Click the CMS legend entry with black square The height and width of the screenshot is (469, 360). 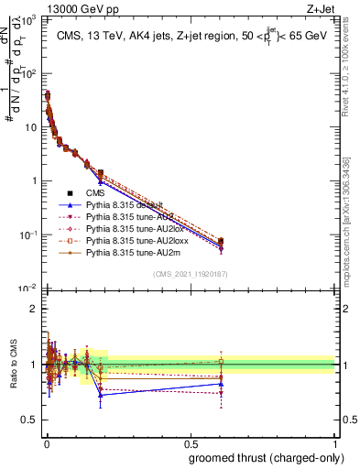[95, 192]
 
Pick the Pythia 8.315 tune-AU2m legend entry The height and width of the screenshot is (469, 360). [133, 262]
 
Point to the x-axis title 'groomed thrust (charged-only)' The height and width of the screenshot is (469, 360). [262, 458]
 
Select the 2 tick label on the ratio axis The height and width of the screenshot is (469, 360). [34, 309]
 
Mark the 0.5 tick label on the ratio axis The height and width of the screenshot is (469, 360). [30, 420]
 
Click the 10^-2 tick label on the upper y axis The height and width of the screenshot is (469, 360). [29, 289]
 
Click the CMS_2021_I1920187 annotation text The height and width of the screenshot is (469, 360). [190, 274]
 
